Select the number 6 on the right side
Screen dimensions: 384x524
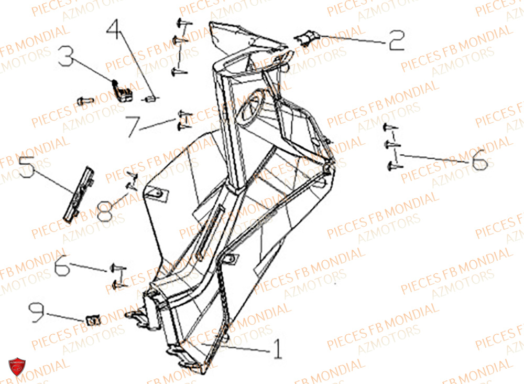[478, 163]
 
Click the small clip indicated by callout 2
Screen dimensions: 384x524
[307, 37]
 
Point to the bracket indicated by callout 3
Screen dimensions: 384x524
[122, 91]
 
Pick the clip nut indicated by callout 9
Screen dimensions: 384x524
[93, 319]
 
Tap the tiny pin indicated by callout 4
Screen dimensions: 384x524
[151, 98]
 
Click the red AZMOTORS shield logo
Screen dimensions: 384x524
[17, 366]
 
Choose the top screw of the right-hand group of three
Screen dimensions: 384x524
[390, 127]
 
